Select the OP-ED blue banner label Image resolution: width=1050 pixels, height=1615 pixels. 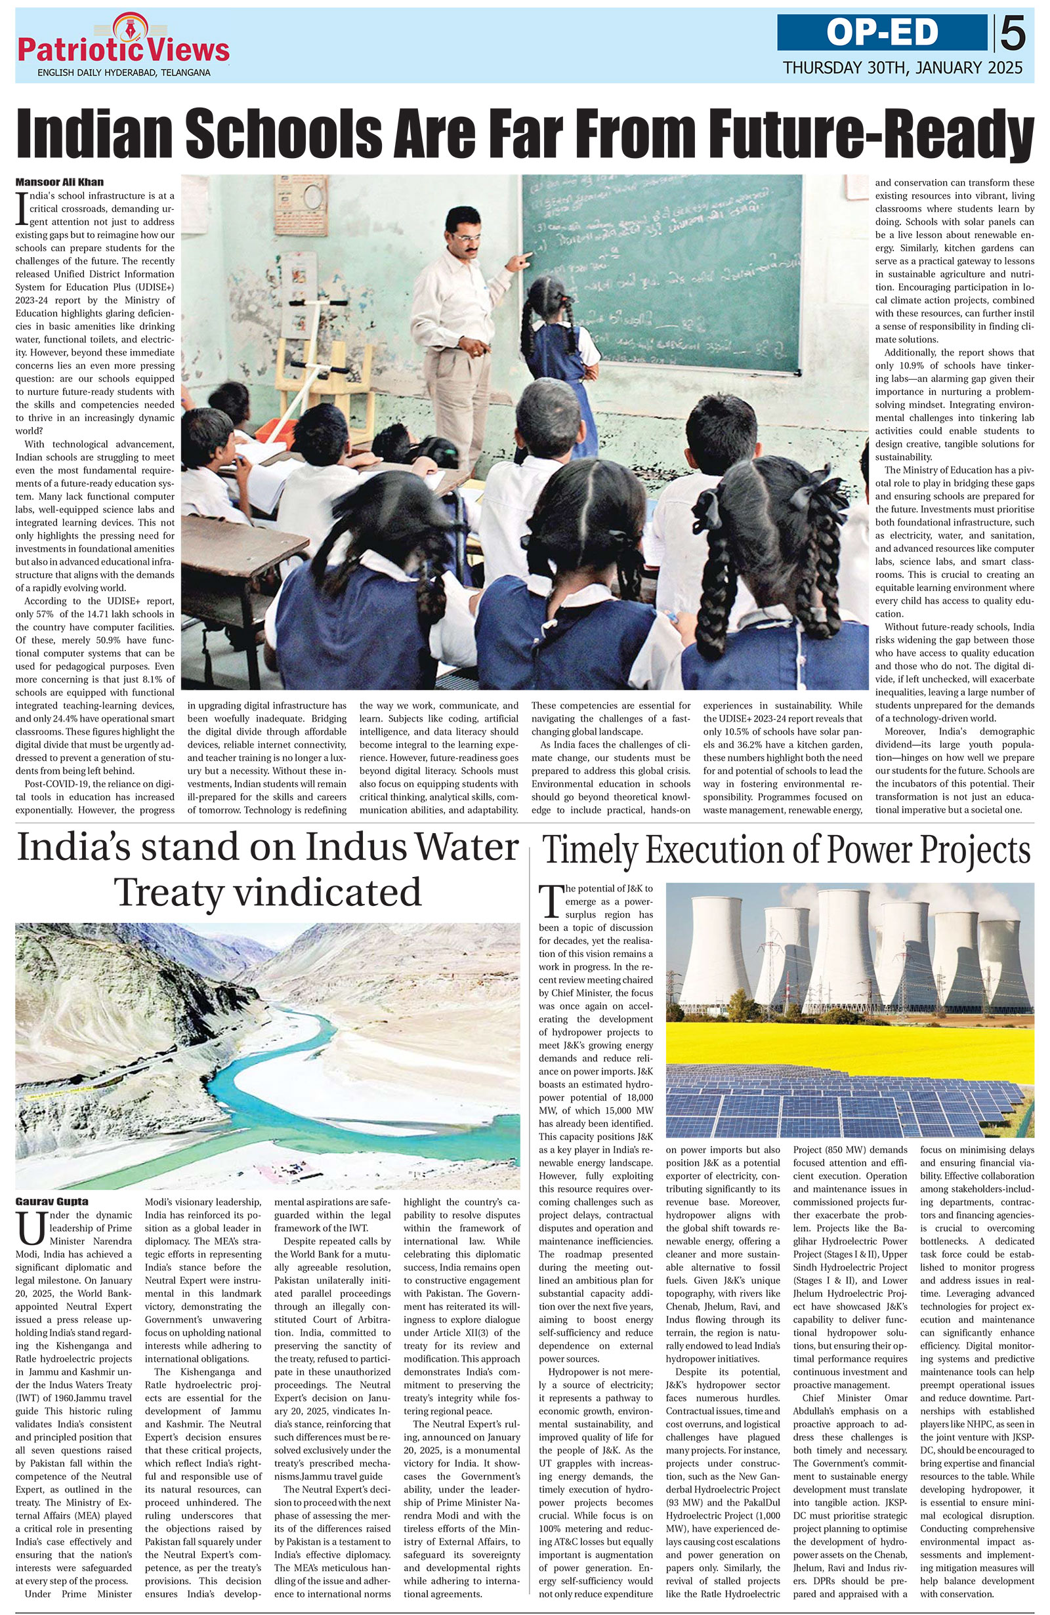pos(882,33)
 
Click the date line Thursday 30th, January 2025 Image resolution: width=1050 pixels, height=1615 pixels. pos(902,68)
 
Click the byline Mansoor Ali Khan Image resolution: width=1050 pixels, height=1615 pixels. pos(60,182)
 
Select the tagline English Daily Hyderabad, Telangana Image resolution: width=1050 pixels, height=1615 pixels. pos(123,73)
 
